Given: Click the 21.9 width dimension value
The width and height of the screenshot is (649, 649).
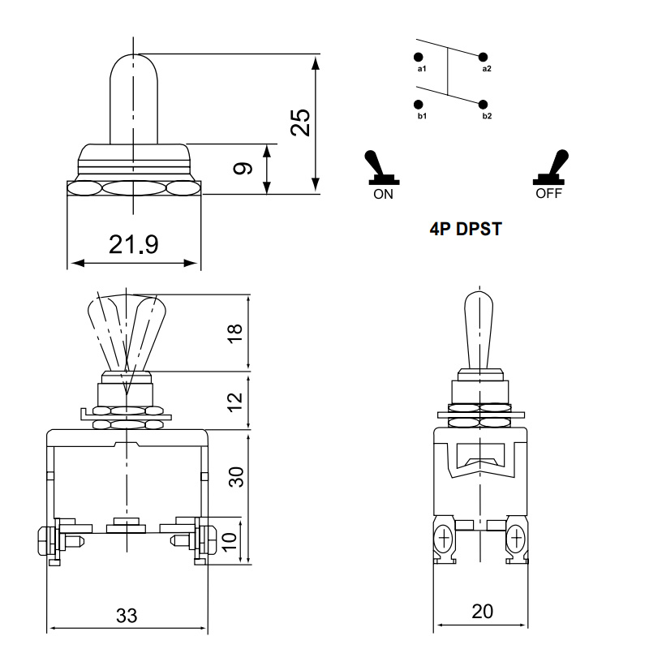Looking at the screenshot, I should click(134, 244).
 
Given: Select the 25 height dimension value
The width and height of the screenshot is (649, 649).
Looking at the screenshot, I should click(300, 122).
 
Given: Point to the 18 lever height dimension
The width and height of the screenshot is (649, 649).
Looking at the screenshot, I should click(235, 333).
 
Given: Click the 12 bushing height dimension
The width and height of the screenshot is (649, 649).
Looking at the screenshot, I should click(235, 400).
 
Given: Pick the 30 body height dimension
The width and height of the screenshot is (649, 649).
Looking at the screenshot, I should click(235, 476).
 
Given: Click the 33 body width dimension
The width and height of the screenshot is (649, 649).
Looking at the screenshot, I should click(127, 616).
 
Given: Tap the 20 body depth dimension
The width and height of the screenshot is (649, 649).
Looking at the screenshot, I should click(483, 612).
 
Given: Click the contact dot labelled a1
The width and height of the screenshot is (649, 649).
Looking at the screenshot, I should click(419, 57).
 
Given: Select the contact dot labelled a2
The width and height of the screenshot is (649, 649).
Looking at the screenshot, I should click(484, 57).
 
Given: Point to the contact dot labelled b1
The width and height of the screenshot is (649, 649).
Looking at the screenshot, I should click(419, 105).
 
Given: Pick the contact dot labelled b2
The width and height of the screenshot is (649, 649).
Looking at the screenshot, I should click(484, 105).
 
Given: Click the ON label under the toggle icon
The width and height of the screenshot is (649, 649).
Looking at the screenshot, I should click(383, 195).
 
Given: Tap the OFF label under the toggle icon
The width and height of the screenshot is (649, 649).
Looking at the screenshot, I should click(548, 195).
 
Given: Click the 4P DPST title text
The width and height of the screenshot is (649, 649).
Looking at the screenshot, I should click(466, 230).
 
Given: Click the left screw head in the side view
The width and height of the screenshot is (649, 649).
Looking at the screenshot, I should click(444, 537).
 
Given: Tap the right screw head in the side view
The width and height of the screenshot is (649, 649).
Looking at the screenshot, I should click(515, 537).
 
